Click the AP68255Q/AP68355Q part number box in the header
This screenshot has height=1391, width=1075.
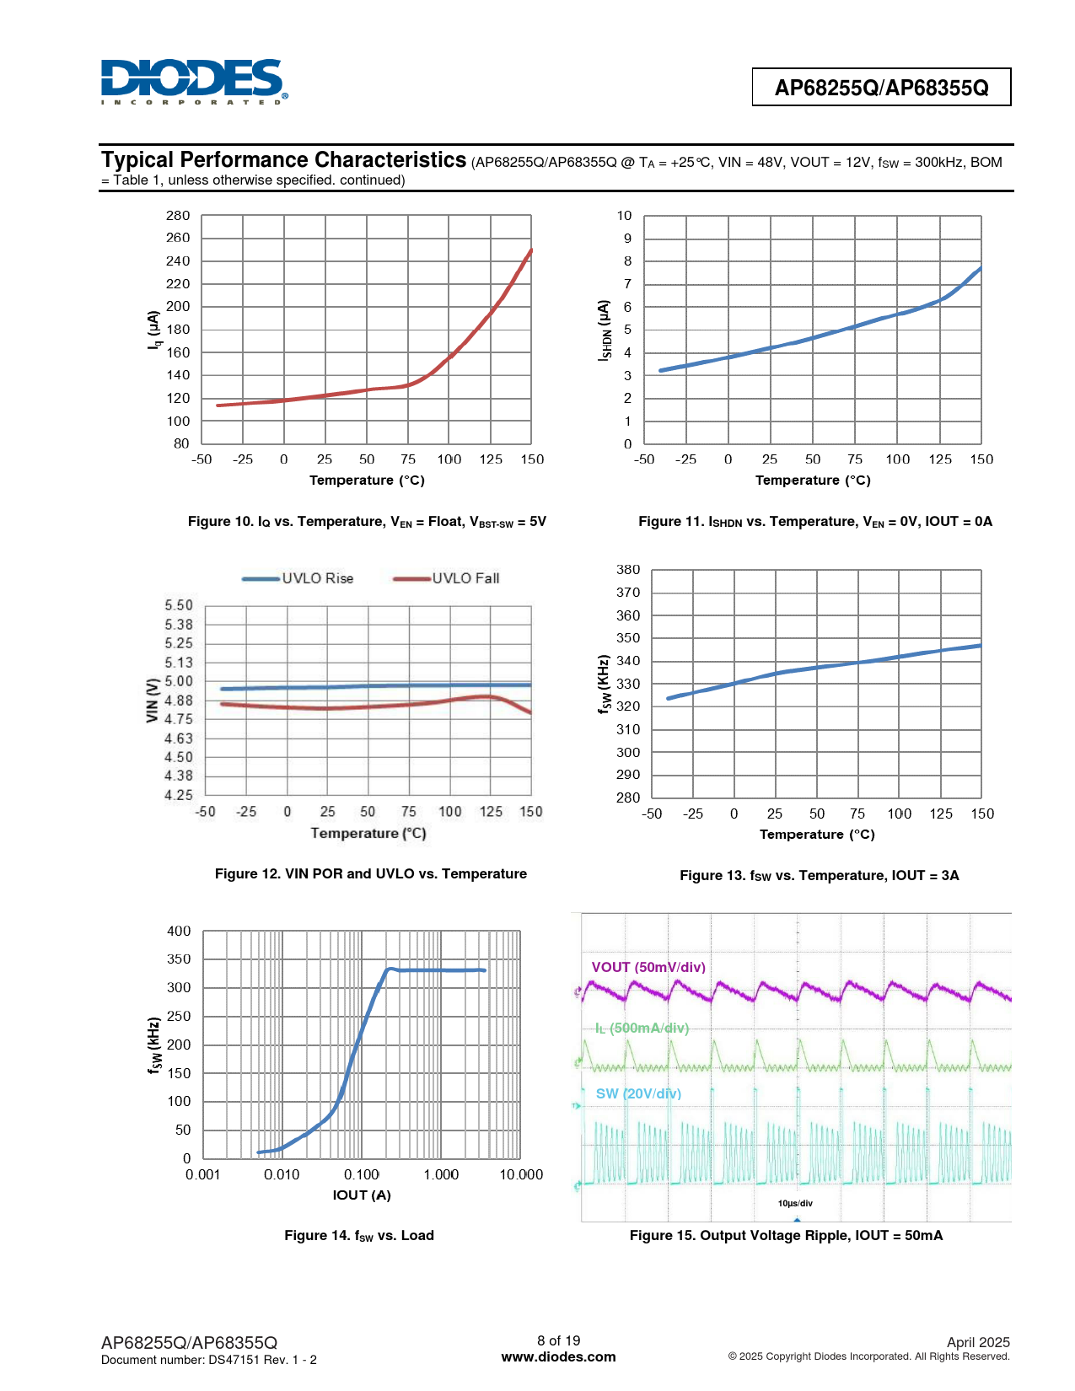tap(881, 88)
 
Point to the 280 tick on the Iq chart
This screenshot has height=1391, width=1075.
tap(178, 216)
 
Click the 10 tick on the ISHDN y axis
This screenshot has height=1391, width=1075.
tap(624, 216)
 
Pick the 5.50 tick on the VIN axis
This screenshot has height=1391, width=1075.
tap(179, 605)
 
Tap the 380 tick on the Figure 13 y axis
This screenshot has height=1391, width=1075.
tap(628, 570)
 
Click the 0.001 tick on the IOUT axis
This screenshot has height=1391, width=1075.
tap(203, 1175)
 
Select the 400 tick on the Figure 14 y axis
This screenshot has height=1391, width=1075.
tap(179, 932)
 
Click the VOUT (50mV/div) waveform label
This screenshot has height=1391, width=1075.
tap(648, 967)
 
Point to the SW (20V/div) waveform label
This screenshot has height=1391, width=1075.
tap(638, 1093)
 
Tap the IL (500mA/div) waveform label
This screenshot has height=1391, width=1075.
tap(642, 1028)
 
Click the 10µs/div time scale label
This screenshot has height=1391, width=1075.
tap(795, 1203)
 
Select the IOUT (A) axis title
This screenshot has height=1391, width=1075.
tap(362, 1195)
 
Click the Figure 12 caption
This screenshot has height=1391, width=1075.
tap(371, 874)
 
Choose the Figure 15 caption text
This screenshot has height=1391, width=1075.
tap(786, 1236)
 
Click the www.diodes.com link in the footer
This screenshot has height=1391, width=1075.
tap(558, 1357)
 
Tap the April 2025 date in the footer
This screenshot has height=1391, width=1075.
tap(978, 1342)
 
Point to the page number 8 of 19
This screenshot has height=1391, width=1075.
tap(558, 1340)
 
